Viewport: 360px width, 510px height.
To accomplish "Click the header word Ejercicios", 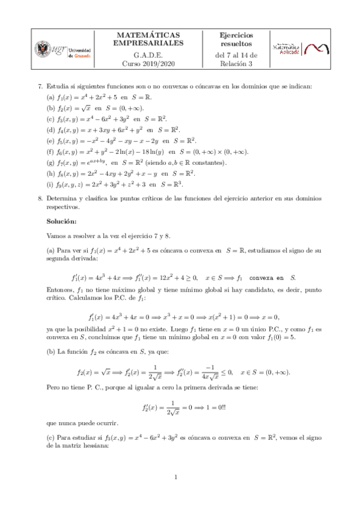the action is pyautogui.click(x=236, y=35).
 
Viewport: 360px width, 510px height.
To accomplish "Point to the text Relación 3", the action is pyautogui.click(x=236, y=63).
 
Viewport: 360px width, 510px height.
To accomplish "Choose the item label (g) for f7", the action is pyautogui.click(x=51, y=163).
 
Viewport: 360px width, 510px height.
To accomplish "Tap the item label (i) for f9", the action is pyautogui.click(x=51, y=185).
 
